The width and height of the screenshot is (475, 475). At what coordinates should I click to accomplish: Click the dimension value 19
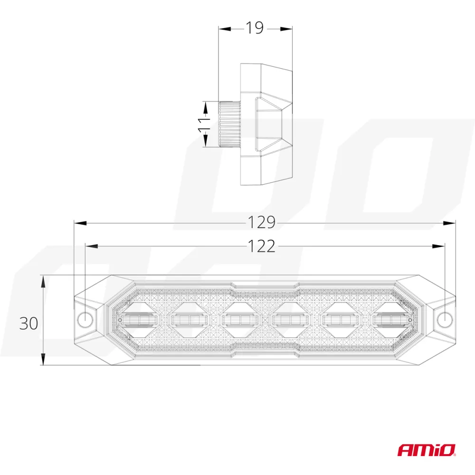point(255,28)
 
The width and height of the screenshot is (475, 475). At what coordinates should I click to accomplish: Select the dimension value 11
point(205,124)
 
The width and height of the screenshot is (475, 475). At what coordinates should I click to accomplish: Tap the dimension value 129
point(261,222)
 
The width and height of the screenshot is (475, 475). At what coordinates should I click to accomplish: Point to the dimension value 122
point(261,246)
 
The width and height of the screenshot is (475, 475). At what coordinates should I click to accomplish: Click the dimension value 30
point(28,323)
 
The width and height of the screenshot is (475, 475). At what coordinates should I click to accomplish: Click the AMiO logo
point(427,449)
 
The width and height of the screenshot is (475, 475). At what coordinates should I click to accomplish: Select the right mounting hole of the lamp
point(444,319)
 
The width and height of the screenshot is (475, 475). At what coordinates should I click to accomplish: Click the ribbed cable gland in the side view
point(229,124)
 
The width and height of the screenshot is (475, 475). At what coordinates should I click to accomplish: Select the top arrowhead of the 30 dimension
point(43,281)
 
